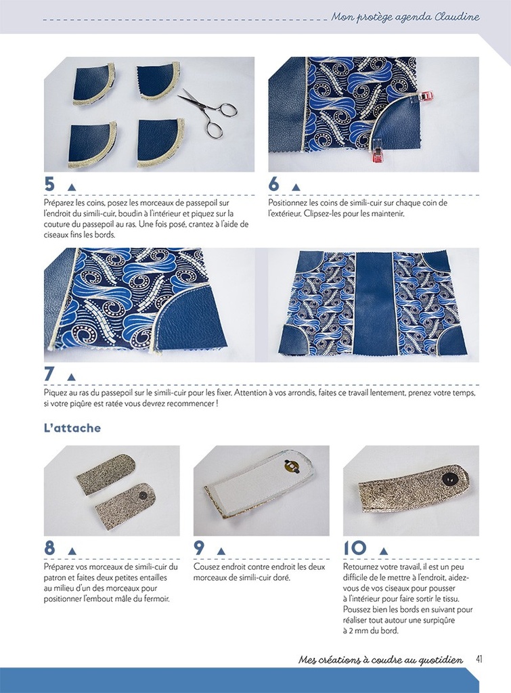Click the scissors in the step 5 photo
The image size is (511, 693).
(208, 109)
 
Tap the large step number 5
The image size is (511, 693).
(50, 185)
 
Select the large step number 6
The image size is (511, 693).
(274, 185)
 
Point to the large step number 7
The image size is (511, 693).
(50, 374)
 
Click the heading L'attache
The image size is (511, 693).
(72, 428)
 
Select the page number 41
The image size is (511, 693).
(479, 659)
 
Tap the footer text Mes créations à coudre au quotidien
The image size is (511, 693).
(380, 660)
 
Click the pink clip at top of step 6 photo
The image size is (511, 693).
(424, 96)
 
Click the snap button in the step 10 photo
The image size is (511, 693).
(447, 479)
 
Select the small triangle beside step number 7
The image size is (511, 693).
(71, 377)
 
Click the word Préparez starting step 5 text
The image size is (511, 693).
(59, 202)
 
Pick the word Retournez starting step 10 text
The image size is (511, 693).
(363, 566)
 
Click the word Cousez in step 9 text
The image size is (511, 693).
(207, 566)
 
